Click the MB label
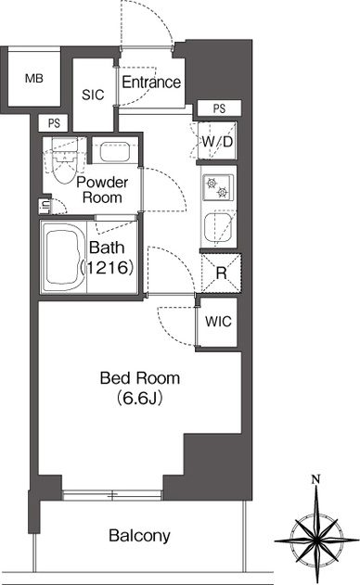34,79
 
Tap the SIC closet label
93,95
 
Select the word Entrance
151,83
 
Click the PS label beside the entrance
219,108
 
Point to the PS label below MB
54,123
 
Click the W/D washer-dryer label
217,142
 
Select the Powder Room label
102,189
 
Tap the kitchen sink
219,227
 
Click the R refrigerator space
221,273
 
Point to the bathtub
62,257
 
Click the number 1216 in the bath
108,267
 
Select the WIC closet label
218,321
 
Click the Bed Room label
140,378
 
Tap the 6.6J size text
140,399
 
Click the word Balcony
139,536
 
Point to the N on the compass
316,478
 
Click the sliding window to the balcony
112,495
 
